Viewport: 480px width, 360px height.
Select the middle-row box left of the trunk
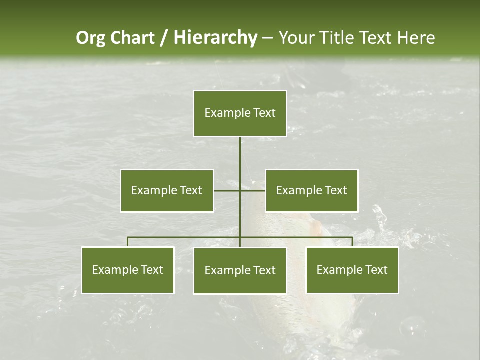point(167,190)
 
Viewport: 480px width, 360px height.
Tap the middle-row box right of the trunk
point(311,190)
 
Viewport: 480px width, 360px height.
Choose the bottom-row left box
point(128,270)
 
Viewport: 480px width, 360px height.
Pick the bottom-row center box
point(240,271)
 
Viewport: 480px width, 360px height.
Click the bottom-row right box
point(352,270)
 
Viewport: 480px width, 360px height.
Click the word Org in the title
point(90,38)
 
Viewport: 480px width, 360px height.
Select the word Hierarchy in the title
point(215,38)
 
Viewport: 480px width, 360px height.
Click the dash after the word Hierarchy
point(267,38)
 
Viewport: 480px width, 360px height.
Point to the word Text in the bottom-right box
point(376,270)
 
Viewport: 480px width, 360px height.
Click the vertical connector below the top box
point(240,155)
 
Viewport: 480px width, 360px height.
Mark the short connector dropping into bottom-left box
point(128,242)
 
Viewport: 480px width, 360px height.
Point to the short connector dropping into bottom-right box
point(352,242)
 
